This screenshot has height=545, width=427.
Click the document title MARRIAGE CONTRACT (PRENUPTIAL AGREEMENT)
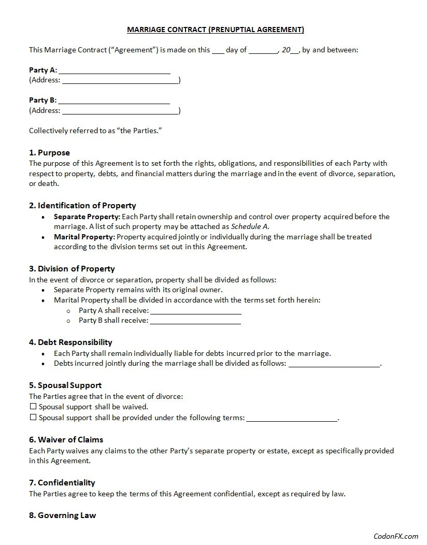click(x=216, y=30)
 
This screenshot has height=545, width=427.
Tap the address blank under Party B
click(x=120, y=111)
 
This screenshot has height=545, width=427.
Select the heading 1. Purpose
click(x=49, y=153)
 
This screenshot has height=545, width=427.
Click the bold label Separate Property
click(x=87, y=217)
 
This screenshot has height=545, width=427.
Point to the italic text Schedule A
click(x=249, y=226)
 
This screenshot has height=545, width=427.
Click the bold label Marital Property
click(x=84, y=237)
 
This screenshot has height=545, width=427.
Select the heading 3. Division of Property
click(x=72, y=269)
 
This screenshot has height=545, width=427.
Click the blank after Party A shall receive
click(x=195, y=311)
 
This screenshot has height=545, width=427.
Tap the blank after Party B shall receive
click(x=195, y=321)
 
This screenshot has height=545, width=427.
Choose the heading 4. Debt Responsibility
click(x=70, y=342)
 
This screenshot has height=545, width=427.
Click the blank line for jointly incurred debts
click(x=334, y=364)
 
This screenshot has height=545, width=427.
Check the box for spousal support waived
click(x=33, y=407)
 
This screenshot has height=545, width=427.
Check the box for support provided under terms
click(x=33, y=418)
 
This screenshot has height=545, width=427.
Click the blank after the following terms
click(x=292, y=419)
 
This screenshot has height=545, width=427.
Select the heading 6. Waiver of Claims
click(x=66, y=440)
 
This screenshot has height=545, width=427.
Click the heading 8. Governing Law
click(x=62, y=515)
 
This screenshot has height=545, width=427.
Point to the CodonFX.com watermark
click(x=395, y=536)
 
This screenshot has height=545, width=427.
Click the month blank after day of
click(x=264, y=51)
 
